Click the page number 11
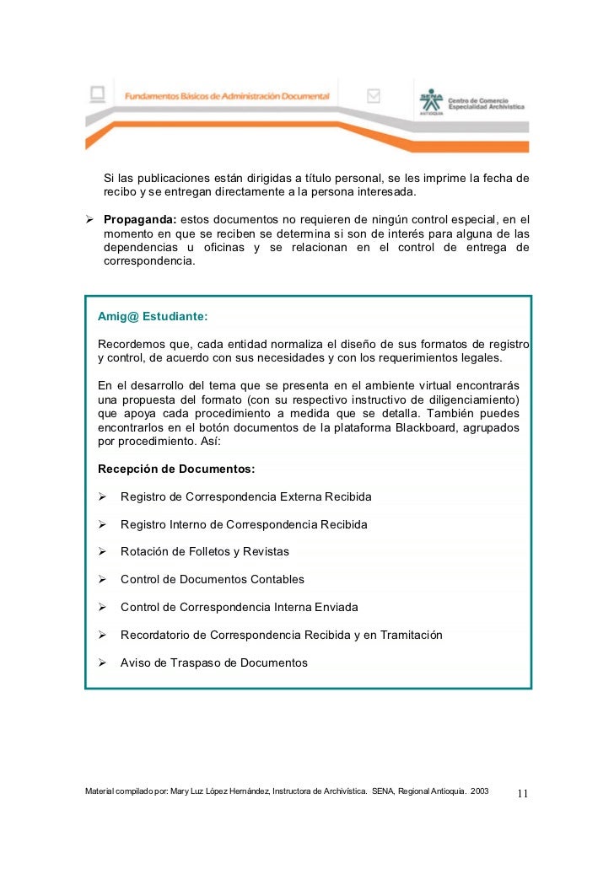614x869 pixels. pyautogui.click(x=522, y=793)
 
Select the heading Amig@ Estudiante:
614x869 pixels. pyautogui.click(x=153, y=317)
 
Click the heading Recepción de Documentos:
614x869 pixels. pyautogui.click(x=176, y=469)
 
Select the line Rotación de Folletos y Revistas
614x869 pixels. pyautogui.click(x=205, y=552)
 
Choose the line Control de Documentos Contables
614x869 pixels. pyautogui.click(x=213, y=580)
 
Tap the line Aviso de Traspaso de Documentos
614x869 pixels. pyautogui.click(x=214, y=662)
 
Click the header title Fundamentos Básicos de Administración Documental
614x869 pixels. pyautogui.click(x=228, y=97)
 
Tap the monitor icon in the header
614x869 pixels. pyautogui.click(x=99, y=94)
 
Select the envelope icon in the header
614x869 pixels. pyautogui.click(x=374, y=96)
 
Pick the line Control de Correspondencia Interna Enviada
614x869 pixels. pyautogui.click(x=240, y=607)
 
